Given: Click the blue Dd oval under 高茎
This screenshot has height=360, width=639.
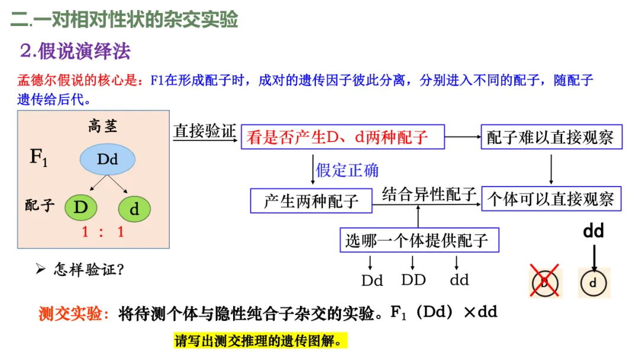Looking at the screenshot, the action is coord(108,159).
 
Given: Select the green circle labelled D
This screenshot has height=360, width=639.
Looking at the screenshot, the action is coord(80,208).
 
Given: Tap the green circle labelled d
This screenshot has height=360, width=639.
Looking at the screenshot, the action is coord(134,209).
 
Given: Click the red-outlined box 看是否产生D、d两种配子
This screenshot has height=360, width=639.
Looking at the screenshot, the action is coord(342,138).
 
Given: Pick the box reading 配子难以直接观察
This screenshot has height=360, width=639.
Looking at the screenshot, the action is coord(551,138).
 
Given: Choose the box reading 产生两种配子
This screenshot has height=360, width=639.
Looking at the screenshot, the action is coord(311,201).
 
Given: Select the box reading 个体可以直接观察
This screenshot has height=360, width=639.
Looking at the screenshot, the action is coord(551,200).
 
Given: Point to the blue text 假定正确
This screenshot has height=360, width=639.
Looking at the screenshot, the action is coord(347,171).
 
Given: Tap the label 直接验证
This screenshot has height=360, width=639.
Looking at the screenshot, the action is coord(204,131).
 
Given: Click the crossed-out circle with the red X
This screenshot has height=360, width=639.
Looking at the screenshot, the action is coord(544,282).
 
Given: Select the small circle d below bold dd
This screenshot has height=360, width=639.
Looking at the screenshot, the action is coord(593,283).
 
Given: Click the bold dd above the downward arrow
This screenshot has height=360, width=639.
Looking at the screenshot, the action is coord(593,230).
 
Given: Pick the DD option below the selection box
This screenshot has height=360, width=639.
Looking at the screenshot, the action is coord(414,279).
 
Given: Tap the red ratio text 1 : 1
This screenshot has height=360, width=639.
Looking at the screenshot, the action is coord(103,232).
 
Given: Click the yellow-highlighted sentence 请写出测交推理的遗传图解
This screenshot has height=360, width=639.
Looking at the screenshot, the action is coord(260,342).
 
